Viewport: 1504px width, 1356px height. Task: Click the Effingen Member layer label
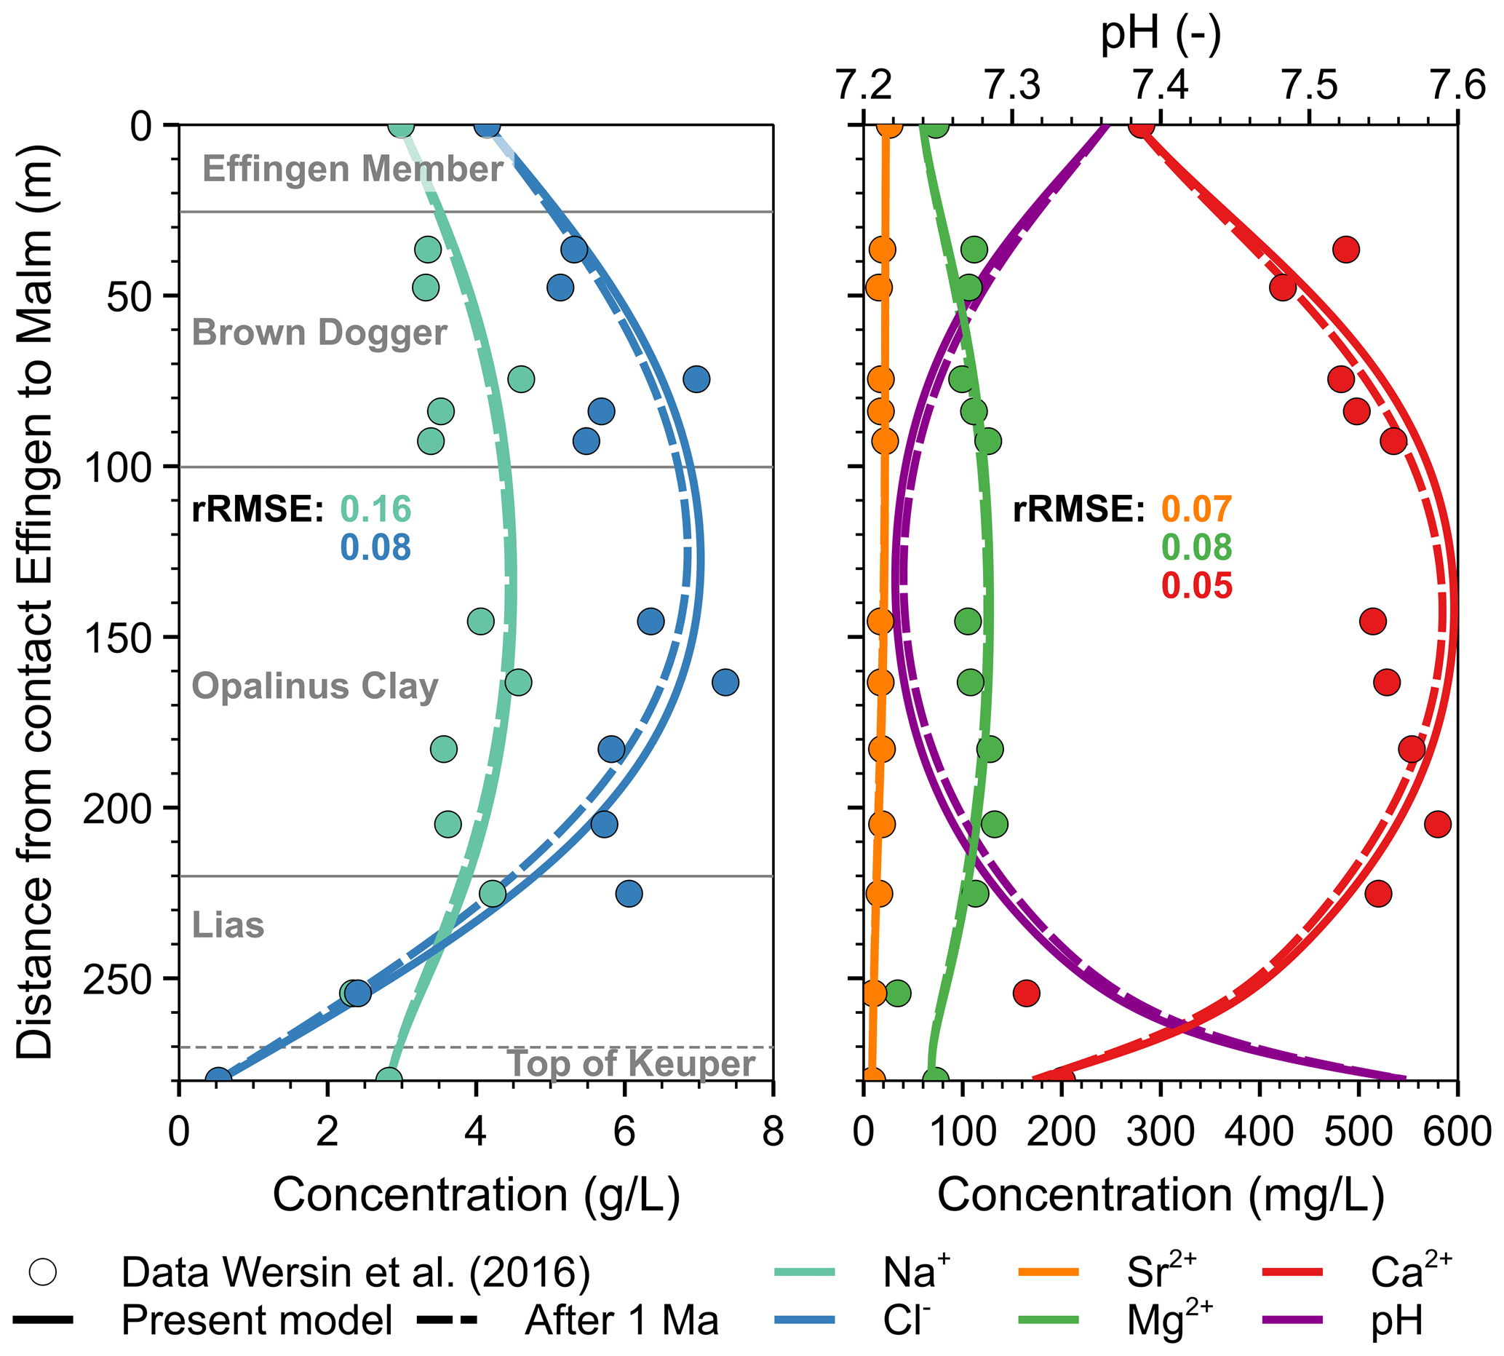point(352,169)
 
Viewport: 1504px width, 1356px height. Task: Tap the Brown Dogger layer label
point(319,333)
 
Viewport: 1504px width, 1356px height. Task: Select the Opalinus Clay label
point(314,686)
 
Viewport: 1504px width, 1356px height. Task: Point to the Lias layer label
point(228,925)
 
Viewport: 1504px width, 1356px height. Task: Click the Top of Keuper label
point(630,1063)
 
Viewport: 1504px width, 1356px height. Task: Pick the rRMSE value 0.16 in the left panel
point(375,510)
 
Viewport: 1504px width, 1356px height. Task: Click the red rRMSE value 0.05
point(1196,586)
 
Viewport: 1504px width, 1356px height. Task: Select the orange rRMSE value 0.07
point(1196,510)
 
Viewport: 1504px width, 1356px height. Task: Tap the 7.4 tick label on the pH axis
point(1160,86)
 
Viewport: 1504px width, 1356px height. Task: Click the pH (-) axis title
point(1160,33)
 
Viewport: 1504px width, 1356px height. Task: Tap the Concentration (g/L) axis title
point(476,1196)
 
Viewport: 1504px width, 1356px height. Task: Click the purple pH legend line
point(1292,1320)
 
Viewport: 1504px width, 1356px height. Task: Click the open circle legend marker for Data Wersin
point(42,1272)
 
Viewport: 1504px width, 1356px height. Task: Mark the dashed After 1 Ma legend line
point(446,1320)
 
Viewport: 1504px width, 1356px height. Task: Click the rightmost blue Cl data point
point(725,682)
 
